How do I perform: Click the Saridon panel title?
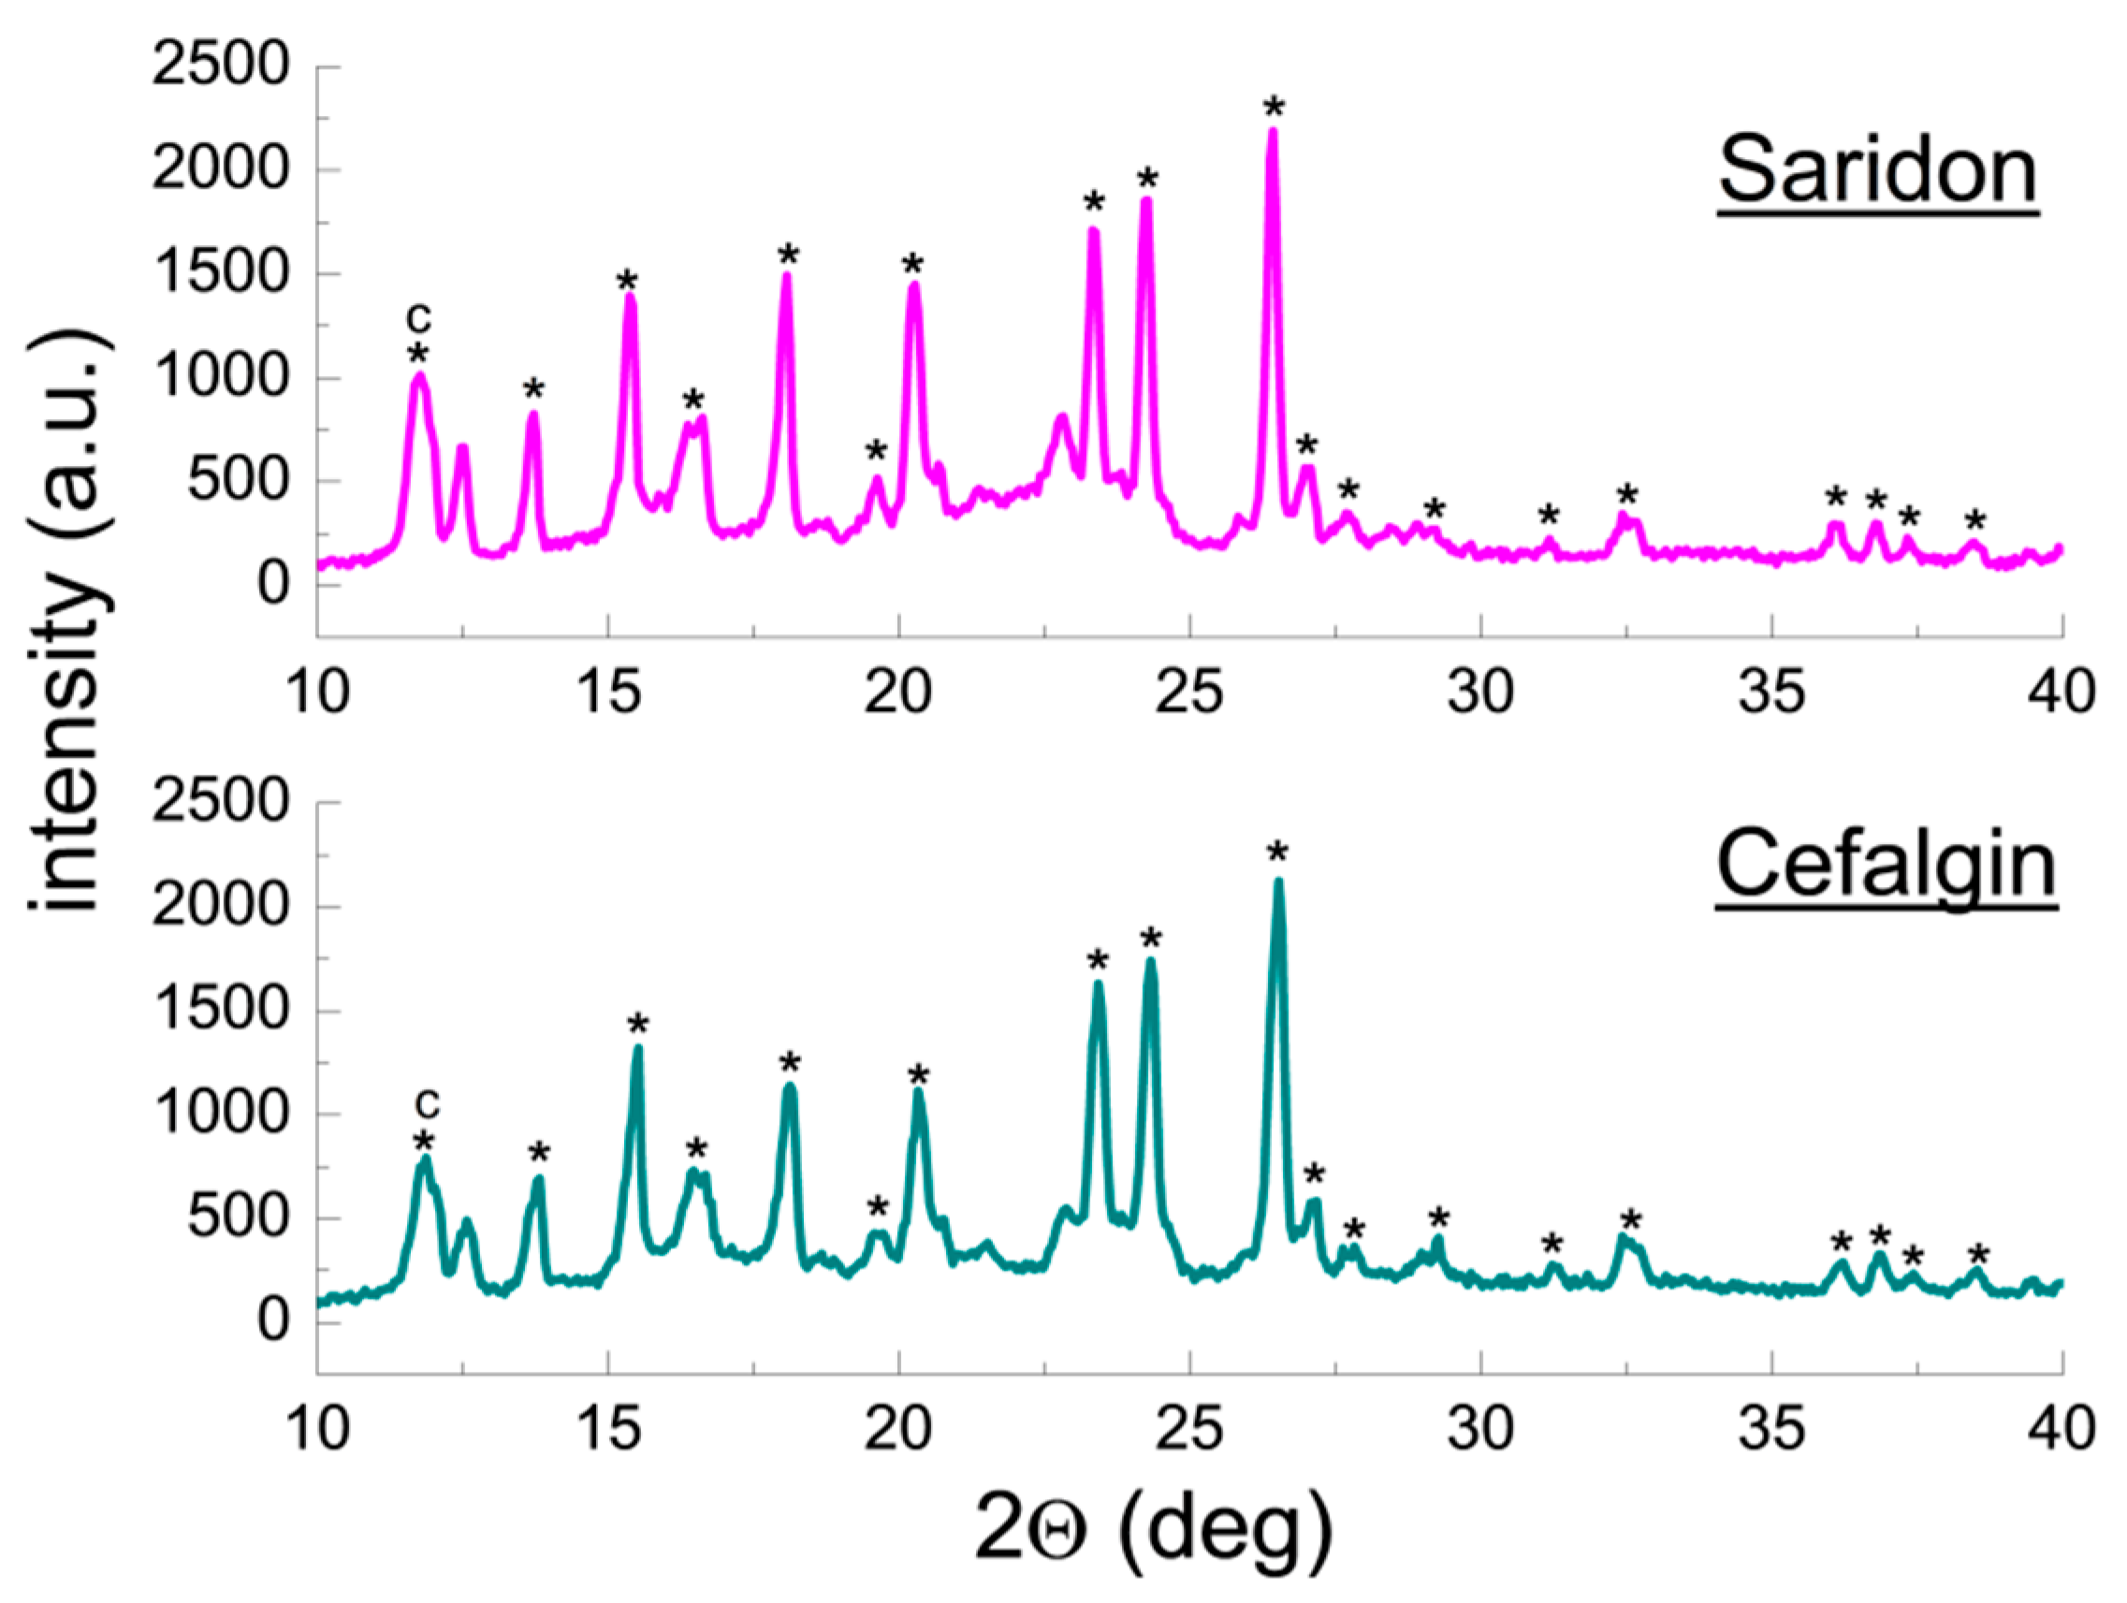1877,171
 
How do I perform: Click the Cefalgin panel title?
1886,865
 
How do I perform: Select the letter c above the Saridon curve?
418,316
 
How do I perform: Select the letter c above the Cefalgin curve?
427,1103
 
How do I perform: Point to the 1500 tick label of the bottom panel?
220,1010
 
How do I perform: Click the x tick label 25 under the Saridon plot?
1189,692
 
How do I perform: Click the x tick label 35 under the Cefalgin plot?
1771,1428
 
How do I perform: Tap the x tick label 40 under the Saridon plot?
2061,692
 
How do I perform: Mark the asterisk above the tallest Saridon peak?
1275,107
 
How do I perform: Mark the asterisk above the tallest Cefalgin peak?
1277,852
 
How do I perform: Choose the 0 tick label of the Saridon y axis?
272,584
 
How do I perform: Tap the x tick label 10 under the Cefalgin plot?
318,1428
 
